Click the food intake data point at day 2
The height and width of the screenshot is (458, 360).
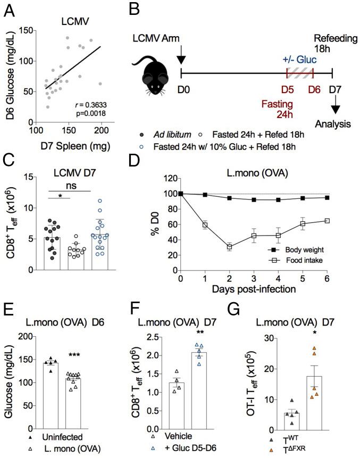point(214,246)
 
